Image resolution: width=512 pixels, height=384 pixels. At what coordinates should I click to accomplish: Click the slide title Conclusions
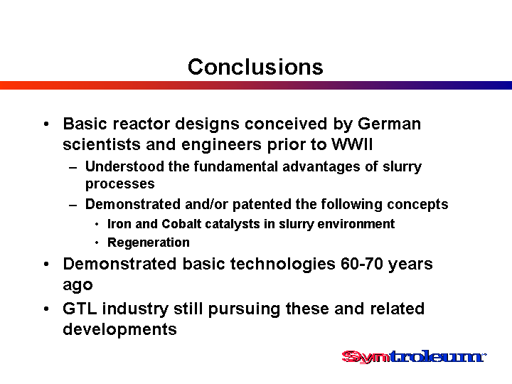255,67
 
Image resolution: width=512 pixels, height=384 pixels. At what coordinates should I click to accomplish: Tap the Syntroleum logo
414,356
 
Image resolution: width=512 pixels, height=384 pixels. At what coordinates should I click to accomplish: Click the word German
389,124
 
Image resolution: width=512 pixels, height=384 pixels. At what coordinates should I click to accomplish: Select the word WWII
352,144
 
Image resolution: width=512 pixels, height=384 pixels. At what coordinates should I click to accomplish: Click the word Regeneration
149,242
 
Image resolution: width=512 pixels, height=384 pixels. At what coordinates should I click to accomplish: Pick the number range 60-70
362,264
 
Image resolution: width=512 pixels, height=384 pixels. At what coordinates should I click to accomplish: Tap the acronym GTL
80,309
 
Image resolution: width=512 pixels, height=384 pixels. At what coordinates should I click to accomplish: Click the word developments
120,329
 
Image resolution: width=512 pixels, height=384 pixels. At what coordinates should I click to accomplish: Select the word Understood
124,166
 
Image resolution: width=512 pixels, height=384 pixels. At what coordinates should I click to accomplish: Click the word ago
78,285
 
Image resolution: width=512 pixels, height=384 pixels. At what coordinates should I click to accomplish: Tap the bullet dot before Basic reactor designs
46,124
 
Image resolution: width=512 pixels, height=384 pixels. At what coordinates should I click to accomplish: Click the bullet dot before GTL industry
46,309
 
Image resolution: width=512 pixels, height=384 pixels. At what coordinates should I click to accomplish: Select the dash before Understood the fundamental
73,168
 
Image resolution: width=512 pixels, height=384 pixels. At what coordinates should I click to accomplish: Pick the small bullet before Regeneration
97,243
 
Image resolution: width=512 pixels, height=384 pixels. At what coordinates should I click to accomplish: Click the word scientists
102,144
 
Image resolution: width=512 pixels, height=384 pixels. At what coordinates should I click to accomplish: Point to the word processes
120,184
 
